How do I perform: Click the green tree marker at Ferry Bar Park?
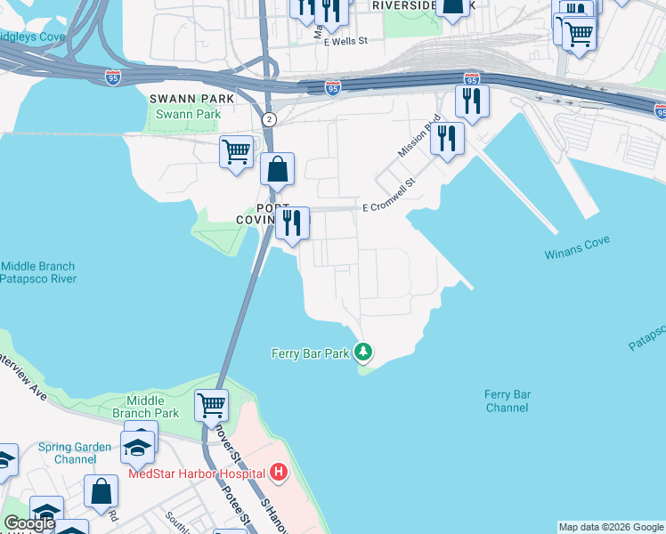[x=363, y=352]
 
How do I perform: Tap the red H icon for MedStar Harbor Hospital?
[x=280, y=472]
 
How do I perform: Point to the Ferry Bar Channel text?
[x=508, y=400]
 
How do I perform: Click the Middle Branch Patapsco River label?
[x=38, y=272]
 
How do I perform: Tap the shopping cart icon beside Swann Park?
[x=236, y=151]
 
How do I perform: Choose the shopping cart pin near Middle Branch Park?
[x=211, y=405]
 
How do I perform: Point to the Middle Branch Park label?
[x=146, y=407]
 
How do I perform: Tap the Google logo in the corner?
[x=29, y=523]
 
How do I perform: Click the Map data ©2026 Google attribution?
[x=611, y=527]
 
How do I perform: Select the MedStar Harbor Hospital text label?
[x=197, y=473]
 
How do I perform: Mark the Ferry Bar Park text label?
[x=310, y=353]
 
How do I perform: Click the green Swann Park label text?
[x=188, y=114]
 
